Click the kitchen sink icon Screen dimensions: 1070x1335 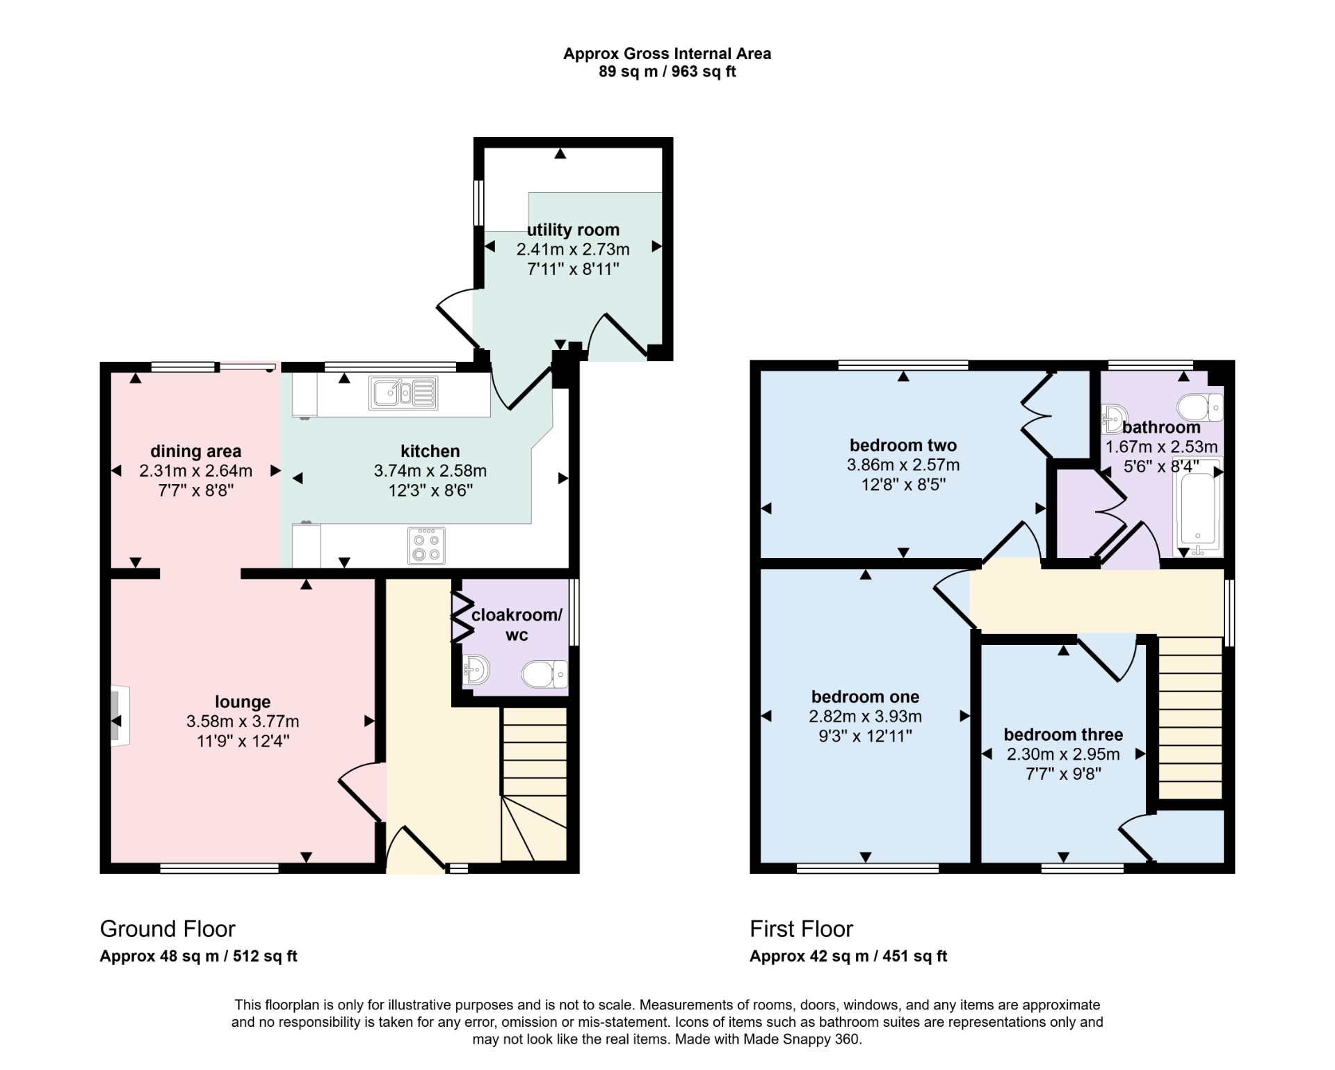point(404,393)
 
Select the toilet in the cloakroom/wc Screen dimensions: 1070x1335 point(545,674)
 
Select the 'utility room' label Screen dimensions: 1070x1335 point(573,230)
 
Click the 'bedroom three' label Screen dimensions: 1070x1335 point(1063,735)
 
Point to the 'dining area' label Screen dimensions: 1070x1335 point(196,452)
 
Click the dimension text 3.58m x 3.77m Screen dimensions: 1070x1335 point(243,721)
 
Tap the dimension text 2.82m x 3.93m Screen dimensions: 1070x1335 point(865,716)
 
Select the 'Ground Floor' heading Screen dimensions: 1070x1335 point(168,929)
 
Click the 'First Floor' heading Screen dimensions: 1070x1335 point(801,929)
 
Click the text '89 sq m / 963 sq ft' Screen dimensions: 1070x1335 point(667,72)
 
